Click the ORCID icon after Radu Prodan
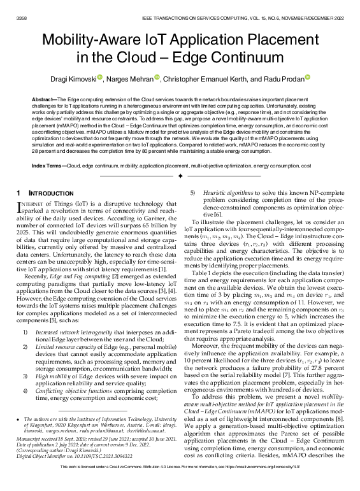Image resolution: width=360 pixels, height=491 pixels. click(x=308, y=78)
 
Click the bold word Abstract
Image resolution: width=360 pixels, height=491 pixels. click(x=43, y=101)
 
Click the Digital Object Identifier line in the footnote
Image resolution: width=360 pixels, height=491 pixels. click(x=70, y=474)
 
